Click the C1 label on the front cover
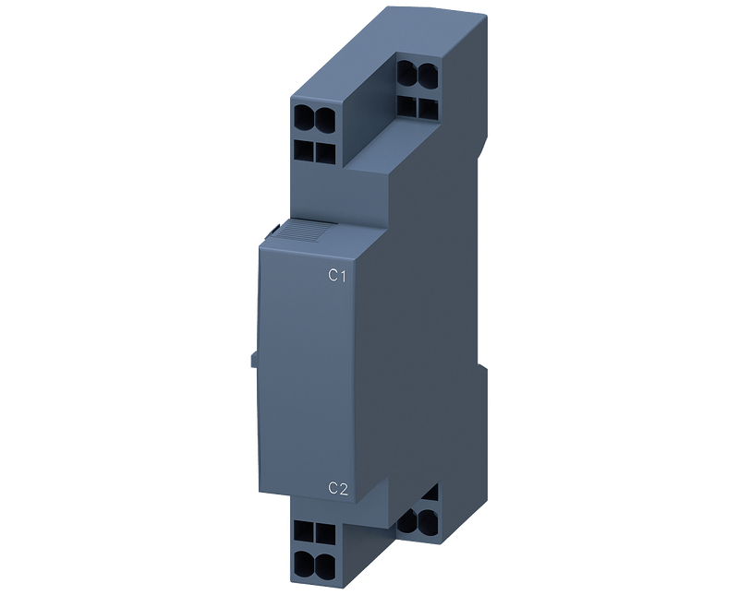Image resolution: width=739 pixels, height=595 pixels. [x=337, y=276]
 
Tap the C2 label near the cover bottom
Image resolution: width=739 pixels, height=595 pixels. [x=338, y=489]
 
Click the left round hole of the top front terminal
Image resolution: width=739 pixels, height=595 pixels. [x=304, y=116]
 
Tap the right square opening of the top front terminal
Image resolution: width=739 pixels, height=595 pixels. [x=325, y=153]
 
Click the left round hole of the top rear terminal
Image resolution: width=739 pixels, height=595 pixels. [x=406, y=74]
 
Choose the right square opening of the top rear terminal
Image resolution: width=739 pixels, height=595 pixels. [x=428, y=108]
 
